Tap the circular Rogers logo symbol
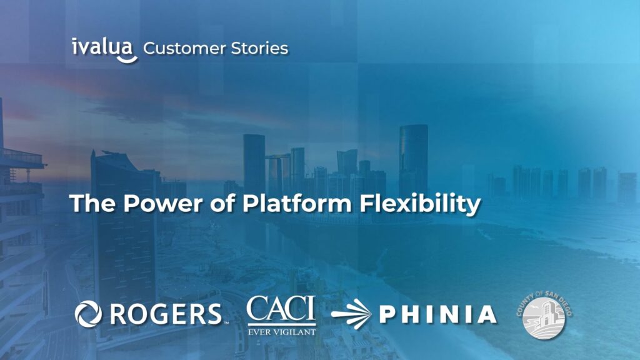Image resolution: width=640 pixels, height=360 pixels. [88, 314]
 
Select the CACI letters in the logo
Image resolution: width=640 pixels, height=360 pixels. [281, 309]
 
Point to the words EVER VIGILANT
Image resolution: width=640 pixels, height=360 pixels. [281, 331]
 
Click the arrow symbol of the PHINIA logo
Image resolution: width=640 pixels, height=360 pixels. [352, 314]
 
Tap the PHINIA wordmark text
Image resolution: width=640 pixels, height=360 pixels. [437, 314]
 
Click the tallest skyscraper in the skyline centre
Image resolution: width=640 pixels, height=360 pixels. [413, 156]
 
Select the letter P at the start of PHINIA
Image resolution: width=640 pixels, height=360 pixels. [387, 314]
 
